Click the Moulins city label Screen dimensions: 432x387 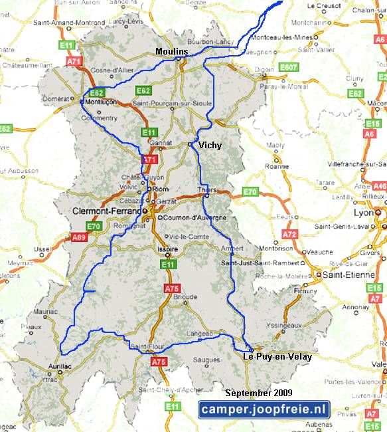click(171, 51)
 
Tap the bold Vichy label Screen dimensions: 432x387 click(210, 145)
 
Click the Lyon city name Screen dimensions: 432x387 click(364, 213)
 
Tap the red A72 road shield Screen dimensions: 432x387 click(289, 234)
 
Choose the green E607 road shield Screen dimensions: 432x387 click(288, 67)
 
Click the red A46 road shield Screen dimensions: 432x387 click(380, 187)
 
